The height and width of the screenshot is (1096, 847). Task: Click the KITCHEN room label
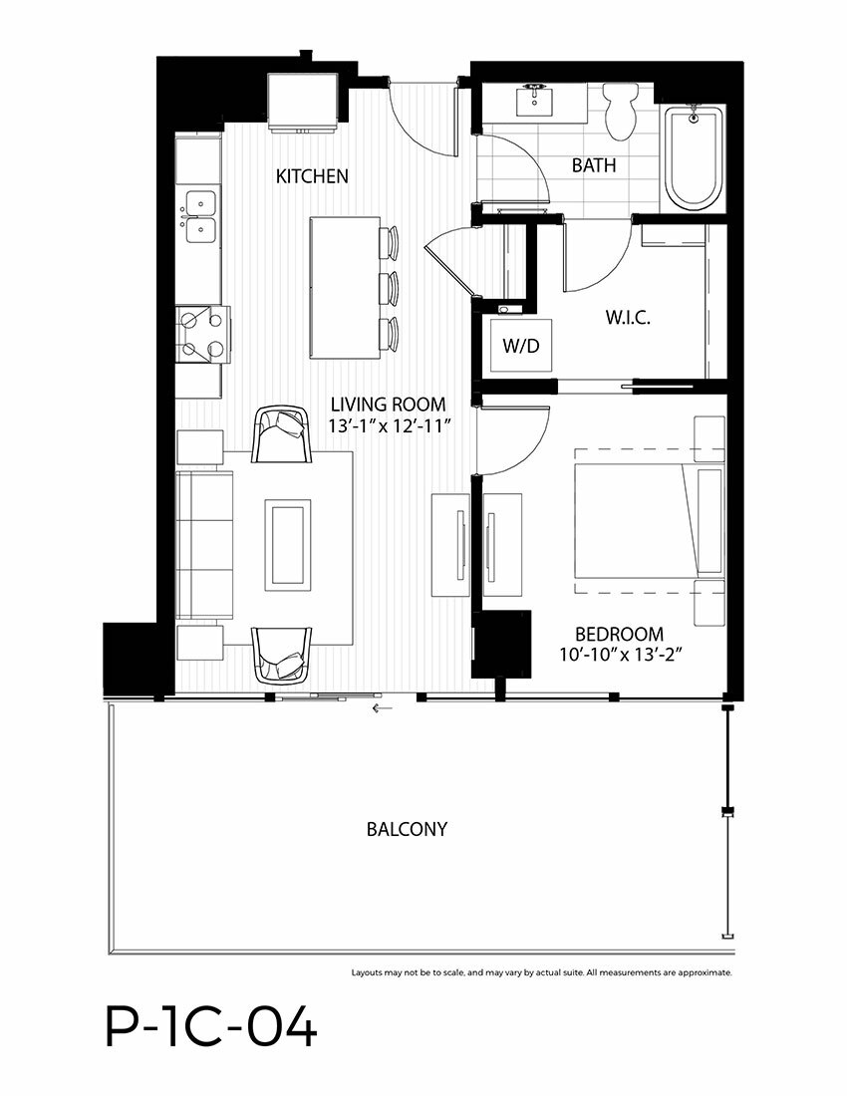[x=312, y=176]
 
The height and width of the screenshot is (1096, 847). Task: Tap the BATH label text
[x=594, y=165]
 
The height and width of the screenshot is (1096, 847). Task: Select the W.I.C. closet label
[x=628, y=318]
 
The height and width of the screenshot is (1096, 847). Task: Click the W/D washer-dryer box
[x=520, y=346]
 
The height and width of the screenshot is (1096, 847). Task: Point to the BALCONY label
[x=407, y=829]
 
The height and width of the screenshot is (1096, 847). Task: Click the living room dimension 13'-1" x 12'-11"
[x=388, y=425]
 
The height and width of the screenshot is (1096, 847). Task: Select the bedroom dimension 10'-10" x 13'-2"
[x=620, y=655]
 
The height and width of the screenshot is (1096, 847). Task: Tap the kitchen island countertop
[x=345, y=288]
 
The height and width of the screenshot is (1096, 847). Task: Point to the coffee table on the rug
[x=287, y=545]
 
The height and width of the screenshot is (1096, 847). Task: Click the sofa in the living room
[x=203, y=545]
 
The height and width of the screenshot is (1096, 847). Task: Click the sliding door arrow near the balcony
[x=383, y=708]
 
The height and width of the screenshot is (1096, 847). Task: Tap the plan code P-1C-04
[x=211, y=1027]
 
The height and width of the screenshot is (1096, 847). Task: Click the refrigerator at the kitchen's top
[x=303, y=102]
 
